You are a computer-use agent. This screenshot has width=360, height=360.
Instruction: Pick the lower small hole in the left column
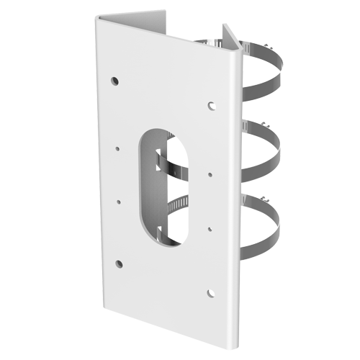(118, 203)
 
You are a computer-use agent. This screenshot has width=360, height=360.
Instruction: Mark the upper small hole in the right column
(210, 174)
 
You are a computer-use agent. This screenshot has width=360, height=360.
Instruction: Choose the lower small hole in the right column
(210, 229)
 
